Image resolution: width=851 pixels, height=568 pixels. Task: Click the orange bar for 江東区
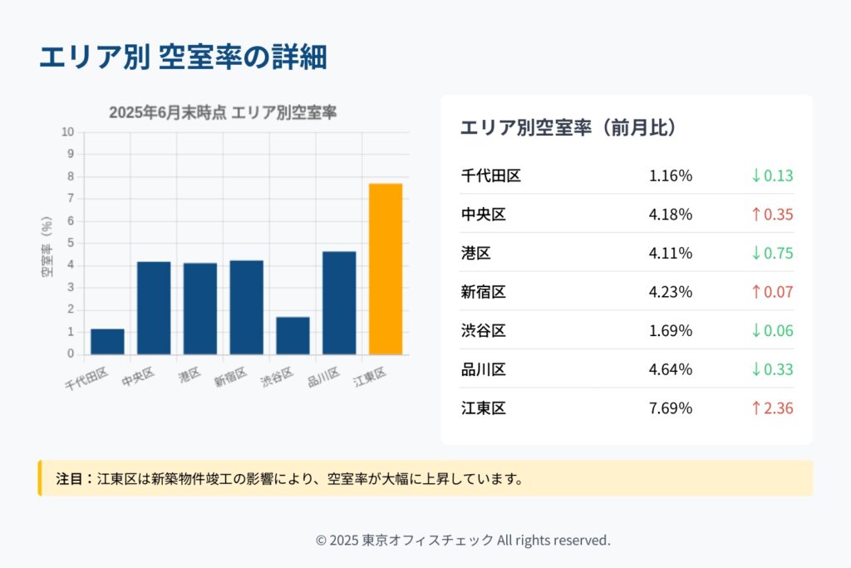pos(386,269)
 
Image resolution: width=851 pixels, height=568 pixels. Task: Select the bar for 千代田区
pos(107,342)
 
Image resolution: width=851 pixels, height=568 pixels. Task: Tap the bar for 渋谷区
pos(293,335)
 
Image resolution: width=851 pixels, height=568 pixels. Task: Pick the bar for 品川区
pos(339,303)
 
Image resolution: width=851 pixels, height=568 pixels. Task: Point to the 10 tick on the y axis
pos(67,132)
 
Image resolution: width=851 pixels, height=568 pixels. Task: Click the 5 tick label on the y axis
pos(70,244)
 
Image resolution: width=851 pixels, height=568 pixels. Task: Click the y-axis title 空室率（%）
pos(47,246)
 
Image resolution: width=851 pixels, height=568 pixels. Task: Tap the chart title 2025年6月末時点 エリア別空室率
pos(223,113)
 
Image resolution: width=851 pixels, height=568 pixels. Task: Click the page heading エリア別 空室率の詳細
pos(183,57)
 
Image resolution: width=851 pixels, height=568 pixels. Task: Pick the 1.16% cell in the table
pos(671,175)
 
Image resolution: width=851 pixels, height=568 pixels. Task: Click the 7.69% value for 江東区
pos(671,408)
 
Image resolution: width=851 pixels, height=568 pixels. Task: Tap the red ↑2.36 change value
pos(772,408)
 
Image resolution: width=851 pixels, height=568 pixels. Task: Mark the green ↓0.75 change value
pos(772,253)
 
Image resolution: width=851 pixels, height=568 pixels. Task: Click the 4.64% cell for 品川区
pos(671,369)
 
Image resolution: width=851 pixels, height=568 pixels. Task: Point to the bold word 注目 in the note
pos(70,479)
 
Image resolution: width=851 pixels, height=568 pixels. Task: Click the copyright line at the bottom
pos(463,540)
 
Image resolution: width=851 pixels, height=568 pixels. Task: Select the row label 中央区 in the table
pos(483,215)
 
